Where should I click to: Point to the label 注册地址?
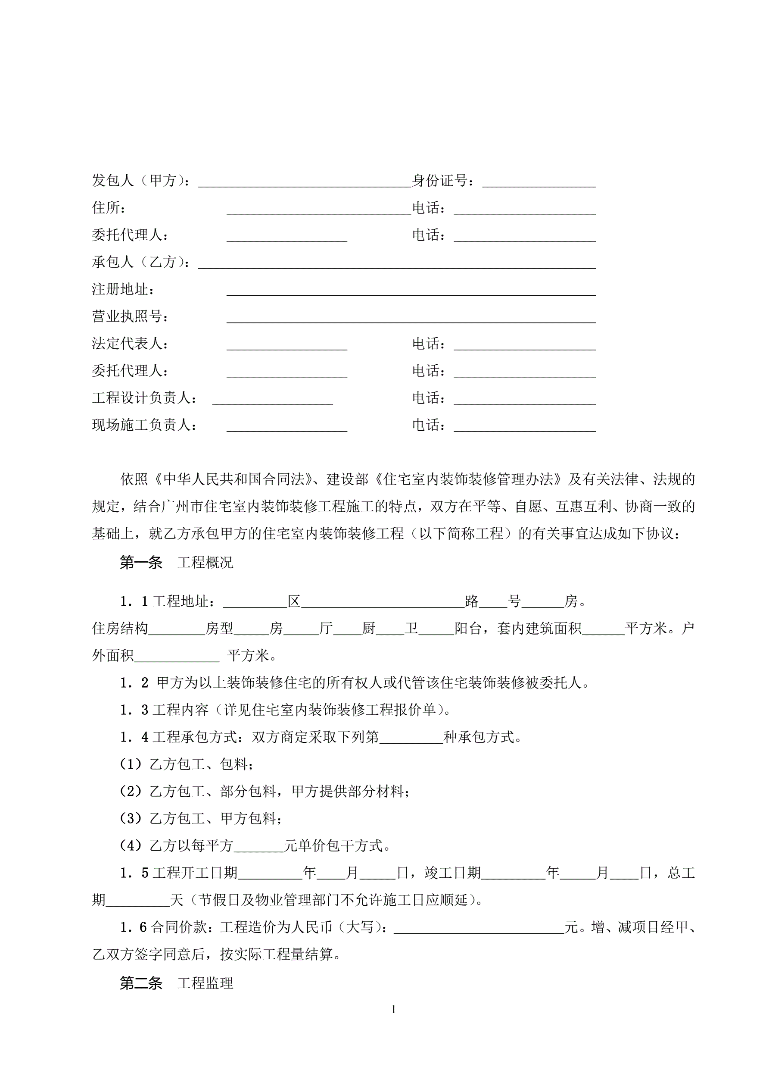point(123,289)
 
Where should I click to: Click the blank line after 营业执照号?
point(411,318)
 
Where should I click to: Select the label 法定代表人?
point(130,344)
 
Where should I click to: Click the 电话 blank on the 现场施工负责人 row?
point(524,427)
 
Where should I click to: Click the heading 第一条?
point(141,563)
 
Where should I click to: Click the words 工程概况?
point(205,563)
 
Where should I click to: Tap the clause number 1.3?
point(134,710)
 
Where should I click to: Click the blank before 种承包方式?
point(411,739)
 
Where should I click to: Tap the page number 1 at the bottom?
point(393,1009)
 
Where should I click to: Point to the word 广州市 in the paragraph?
point(183,507)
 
